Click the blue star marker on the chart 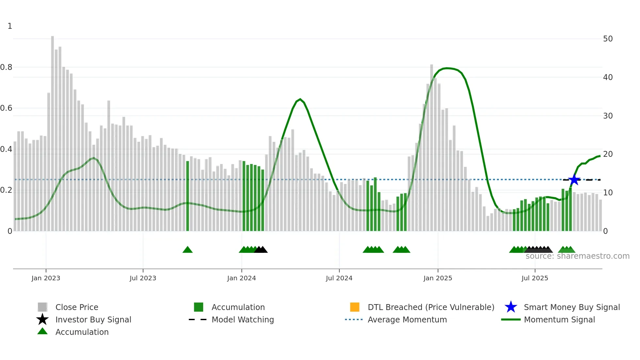click(574, 179)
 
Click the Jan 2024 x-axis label click(241, 278)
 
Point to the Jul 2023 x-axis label click(143, 278)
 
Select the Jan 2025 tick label click(438, 278)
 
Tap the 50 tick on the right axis click(608, 39)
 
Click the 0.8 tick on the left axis click(6, 67)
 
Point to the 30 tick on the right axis click(608, 116)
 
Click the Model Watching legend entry click(242, 319)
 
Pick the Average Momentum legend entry click(407, 319)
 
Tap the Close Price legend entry click(76, 307)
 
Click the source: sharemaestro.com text click(577, 256)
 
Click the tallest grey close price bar click(52, 131)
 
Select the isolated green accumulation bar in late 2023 click(187, 196)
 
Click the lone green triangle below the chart click(187, 250)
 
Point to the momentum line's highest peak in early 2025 click(447, 68)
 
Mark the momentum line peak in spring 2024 click(300, 99)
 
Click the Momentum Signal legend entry click(559, 319)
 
